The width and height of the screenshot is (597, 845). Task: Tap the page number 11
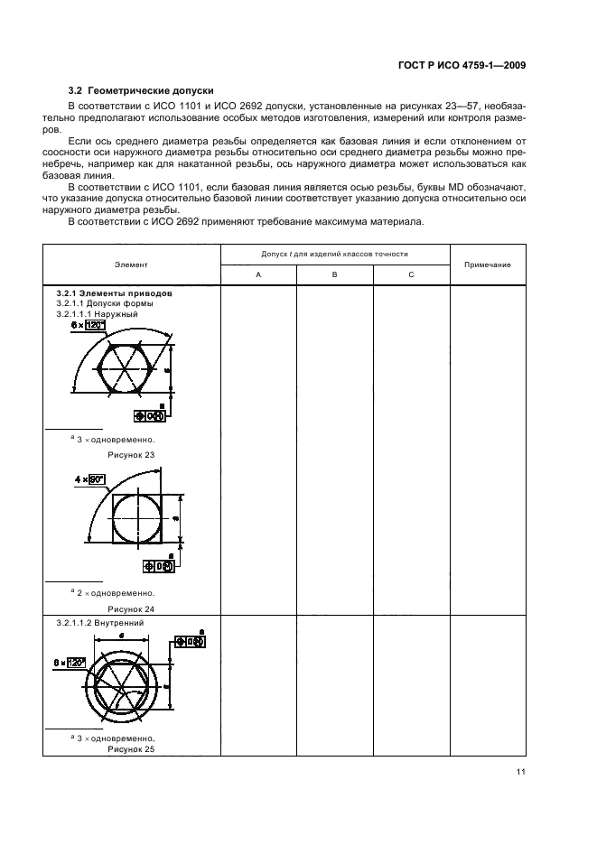[x=521, y=771]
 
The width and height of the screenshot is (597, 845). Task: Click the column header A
[x=258, y=274]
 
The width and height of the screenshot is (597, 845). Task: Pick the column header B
[x=334, y=274]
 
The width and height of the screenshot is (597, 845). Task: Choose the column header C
[x=411, y=274]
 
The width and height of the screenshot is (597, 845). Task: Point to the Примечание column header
[x=487, y=265]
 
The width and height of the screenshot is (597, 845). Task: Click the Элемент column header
[x=131, y=265]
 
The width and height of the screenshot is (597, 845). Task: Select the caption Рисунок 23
[x=131, y=454]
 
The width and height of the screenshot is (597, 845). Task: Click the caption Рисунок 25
[x=131, y=749]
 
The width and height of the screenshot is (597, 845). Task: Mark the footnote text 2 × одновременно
[x=114, y=593]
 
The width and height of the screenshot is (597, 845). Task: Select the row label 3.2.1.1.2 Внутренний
[x=99, y=623]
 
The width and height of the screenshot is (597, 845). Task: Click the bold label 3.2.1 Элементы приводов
[x=114, y=294]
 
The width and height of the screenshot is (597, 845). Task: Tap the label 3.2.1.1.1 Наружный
[x=97, y=313]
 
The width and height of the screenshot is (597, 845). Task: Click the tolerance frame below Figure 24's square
[x=160, y=566]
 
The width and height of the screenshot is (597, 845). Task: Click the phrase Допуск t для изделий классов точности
[x=335, y=255]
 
